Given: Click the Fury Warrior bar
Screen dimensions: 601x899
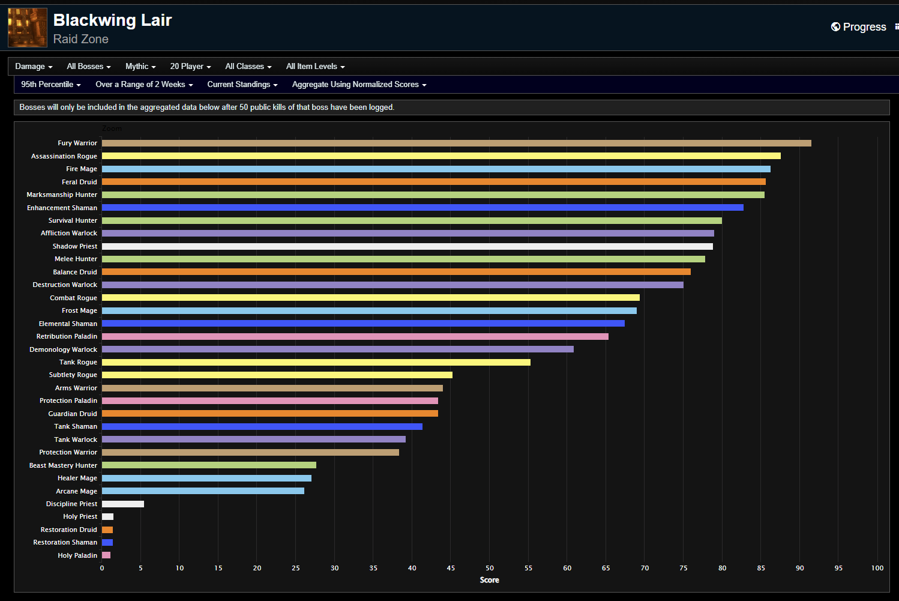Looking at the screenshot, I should pos(456,143).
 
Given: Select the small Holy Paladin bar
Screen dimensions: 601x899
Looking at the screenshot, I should pos(106,555).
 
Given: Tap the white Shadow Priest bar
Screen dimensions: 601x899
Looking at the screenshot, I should pos(407,246).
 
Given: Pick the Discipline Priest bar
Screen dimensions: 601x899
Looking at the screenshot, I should pos(123,504).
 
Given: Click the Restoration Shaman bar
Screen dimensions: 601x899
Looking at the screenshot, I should pos(107,542).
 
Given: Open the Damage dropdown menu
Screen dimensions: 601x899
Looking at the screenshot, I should pos(34,67).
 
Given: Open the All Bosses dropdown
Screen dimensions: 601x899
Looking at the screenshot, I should pos(88,67).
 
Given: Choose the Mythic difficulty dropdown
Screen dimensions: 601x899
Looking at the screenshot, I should pos(140,67).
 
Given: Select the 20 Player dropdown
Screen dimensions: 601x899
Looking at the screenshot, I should pos(190,67).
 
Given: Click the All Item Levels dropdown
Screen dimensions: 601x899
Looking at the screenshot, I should pos(315,67).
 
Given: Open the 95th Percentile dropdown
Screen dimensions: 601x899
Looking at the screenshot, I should pos(50,85).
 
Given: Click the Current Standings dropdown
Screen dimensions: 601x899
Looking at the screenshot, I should pos(242,85).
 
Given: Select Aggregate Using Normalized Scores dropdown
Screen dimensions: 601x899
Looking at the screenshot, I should pos(359,85).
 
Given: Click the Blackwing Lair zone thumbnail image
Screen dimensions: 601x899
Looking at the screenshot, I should pos(28,28).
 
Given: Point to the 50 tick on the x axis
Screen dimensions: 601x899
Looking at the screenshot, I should pos(490,568).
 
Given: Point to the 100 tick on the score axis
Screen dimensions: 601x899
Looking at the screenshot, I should pos(877,568).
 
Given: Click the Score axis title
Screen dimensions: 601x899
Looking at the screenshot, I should pos(489,580).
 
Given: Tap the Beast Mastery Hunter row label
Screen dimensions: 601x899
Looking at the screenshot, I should pos(63,465).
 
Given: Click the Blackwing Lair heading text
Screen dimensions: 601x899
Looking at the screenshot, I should pos(112,20).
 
